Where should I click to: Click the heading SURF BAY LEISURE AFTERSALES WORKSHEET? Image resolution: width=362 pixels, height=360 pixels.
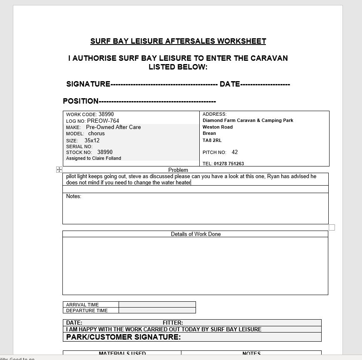tap(178, 41)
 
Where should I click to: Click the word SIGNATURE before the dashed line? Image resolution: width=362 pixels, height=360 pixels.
tap(88, 84)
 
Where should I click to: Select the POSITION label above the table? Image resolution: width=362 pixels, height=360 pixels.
tap(81, 101)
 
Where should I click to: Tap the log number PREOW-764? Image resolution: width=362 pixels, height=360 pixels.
tap(103, 121)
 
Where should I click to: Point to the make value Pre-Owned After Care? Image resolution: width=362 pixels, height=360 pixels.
tap(113, 127)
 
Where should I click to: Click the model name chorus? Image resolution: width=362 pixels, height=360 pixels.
tap(96, 134)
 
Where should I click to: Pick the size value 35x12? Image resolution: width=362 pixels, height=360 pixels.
tap(92, 141)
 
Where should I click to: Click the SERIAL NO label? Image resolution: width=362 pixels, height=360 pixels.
tap(79, 146)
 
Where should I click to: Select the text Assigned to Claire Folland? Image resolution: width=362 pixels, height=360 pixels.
tap(94, 158)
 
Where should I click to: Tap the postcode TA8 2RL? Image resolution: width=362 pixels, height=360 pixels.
tap(212, 140)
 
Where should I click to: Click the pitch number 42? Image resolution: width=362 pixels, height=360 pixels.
tap(235, 152)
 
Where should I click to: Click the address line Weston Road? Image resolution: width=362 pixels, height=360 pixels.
tap(218, 127)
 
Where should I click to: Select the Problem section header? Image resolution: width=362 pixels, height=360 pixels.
tap(178, 170)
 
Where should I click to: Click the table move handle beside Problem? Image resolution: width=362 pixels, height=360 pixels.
tap(59, 170)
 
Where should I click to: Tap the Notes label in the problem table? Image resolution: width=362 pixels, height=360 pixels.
tap(74, 196)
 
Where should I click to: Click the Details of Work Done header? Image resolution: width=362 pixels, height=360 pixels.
tap(196, 234)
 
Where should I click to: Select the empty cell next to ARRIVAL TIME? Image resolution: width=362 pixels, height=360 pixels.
tap(157, 304)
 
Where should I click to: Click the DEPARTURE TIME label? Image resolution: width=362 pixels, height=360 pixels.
tap(87, 310)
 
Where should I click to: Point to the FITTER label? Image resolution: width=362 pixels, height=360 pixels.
tap(173, 323)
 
